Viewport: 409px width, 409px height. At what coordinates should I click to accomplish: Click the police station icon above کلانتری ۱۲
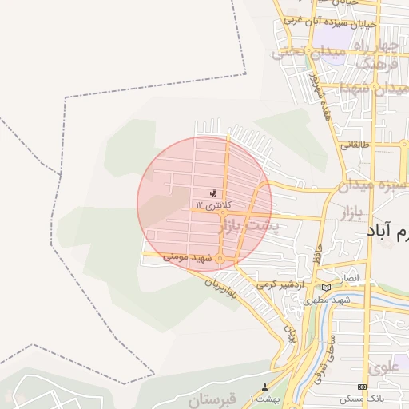tap(213, 193)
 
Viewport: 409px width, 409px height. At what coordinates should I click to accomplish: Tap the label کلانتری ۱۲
tap(212, 205)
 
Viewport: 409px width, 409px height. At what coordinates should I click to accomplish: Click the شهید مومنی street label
tap(185, 257)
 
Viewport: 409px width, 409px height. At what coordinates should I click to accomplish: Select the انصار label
tap(351, 277)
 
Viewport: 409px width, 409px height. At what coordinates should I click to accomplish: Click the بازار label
tap(351, 214)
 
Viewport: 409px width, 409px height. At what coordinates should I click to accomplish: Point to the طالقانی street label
tap(354, 145)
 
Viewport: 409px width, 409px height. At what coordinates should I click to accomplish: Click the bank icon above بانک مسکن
tap(363, 387)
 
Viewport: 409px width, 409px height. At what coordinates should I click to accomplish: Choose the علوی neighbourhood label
tap(383, 368)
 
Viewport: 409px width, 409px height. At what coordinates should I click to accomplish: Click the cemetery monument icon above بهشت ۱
tap(265, 387)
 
